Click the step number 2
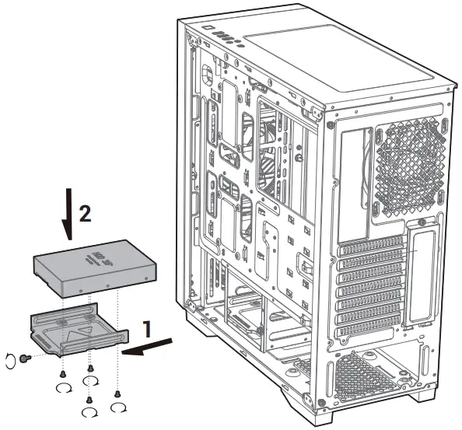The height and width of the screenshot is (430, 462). pos(86,213)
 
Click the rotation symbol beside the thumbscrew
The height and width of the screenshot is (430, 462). pos(10,358)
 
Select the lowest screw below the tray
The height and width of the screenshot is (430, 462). pos(89,400)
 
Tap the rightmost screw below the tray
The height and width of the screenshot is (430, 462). pos(117,394)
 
